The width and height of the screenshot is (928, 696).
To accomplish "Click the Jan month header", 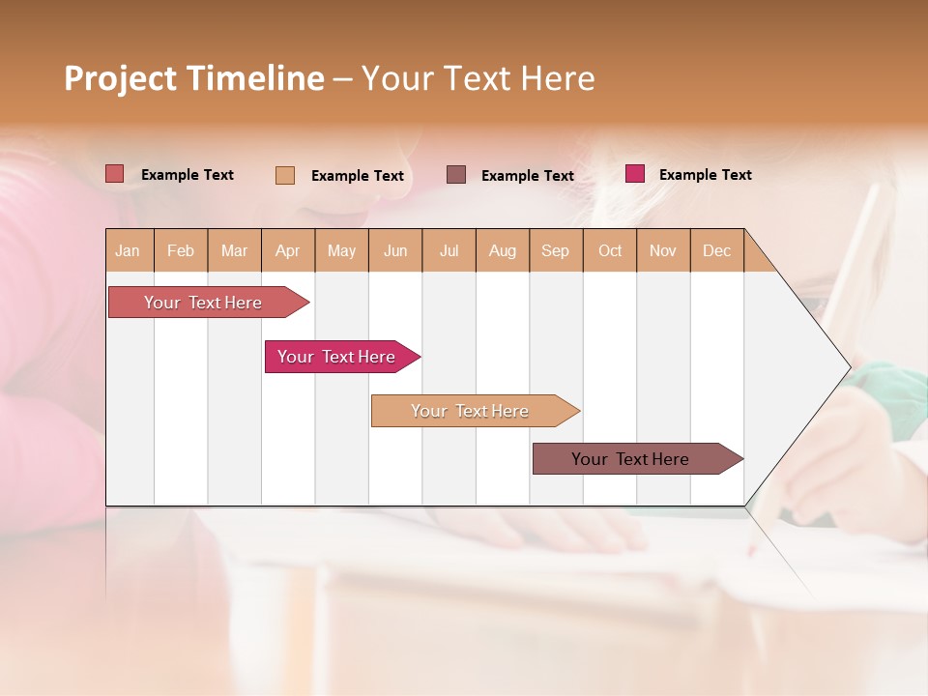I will point(128,250).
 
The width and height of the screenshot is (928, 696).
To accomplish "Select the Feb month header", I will point(181,250).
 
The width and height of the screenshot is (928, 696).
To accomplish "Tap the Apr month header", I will point(287,250).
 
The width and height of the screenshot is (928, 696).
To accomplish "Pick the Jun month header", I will point(395,250).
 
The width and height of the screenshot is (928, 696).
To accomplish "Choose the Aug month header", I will point(502,250).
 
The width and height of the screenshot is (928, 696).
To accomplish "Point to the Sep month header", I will point(555,250).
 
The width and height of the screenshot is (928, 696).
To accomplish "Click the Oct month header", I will point(610,250).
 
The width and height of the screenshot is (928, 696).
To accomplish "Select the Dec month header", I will point(716,250).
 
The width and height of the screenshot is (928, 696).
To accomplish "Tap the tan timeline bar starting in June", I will point(471,411).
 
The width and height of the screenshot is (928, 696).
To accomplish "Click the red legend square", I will point(115,174).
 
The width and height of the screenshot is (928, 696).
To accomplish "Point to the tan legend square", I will point(285,175).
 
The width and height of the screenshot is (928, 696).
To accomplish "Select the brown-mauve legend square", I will point(456,174).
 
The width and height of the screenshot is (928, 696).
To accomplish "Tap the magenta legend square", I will point(635,174).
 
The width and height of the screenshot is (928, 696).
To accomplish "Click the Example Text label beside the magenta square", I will point(705,175).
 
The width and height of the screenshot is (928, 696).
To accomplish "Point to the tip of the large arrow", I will point(849,367).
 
